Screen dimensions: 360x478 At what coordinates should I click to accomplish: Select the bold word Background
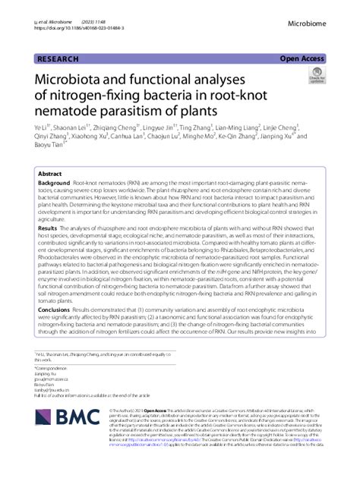(54, 184)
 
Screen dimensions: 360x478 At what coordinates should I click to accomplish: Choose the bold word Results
(47, 228)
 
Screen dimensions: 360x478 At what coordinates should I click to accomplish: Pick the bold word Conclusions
(54, 310)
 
